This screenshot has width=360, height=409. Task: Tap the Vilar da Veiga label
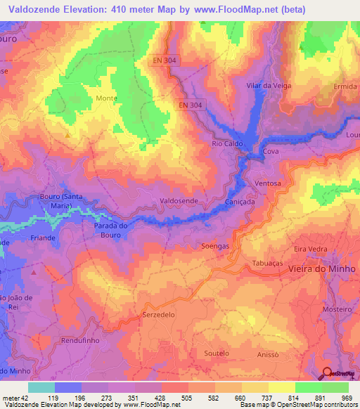pyautogui.click(x=269, y=85)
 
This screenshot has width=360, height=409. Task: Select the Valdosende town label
pyautogui.click(x=179, y=201)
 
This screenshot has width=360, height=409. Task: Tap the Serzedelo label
pyautogui.click(x=158, y=315)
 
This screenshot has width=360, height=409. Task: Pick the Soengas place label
pyautogui.click(x=215, y=247)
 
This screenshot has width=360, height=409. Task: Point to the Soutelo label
pyautogui.click(x=216, y=353)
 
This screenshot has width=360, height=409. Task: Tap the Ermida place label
pyautogui.click(x=345, y=86)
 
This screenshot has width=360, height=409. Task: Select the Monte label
pyautogui.click(x=106, y=98)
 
